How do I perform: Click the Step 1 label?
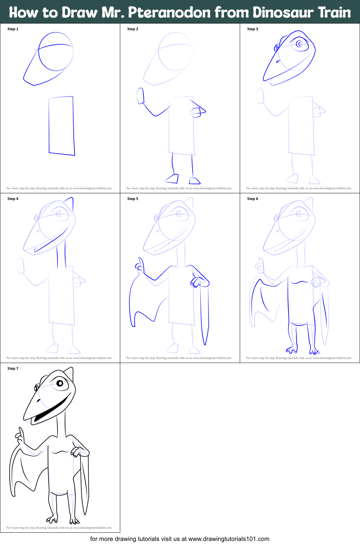[x=13, y=29]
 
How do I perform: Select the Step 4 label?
[x=13, y=199]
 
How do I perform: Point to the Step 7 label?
[x=13, y=368]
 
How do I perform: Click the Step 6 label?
[x=253, y=199]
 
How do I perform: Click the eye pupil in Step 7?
[x=60, y=383]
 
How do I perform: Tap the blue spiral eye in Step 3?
[x=300, y=44]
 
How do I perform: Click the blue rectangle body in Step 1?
[x=62, y=125]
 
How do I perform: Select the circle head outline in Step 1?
[x=56, y=51]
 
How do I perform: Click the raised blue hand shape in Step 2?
[x=140, y=96]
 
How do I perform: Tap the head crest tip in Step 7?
[x=72, y=369]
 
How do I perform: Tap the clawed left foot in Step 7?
[x=52, y=519]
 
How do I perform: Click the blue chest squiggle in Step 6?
[x=300, y=282]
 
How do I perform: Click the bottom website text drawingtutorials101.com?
[x=229, y=539]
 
